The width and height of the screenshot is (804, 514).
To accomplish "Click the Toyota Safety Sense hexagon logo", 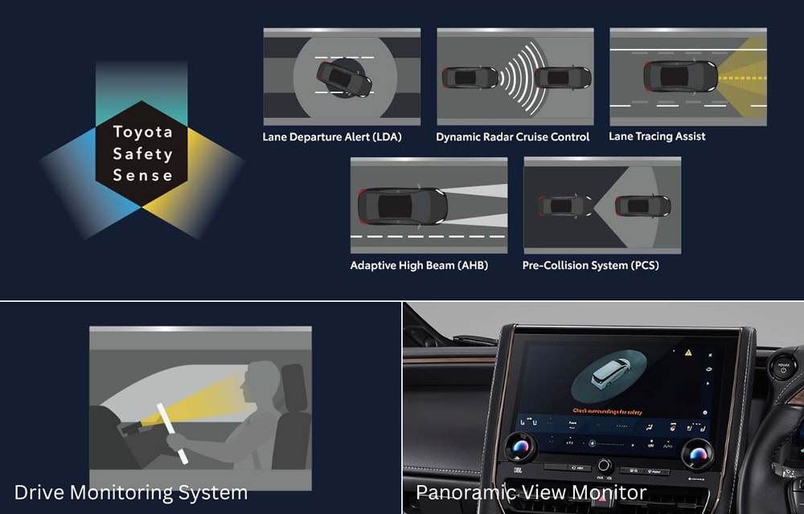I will tap(142, 153).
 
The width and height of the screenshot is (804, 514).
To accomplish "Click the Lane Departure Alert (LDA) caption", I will tap(332, 137).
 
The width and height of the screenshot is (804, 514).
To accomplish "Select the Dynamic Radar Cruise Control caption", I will tap(513, 137).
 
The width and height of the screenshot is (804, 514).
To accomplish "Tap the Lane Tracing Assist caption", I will tap(657, 137).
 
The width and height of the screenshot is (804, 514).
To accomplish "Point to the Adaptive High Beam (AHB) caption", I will tap(419, 265).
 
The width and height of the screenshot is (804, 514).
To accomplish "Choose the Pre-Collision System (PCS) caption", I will tap(590, 265).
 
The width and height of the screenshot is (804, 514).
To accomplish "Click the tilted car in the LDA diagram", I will tap(343, 78).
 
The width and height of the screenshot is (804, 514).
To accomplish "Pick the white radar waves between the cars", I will tap(516, 78).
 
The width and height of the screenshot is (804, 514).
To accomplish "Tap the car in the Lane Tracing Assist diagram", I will tap(679, 77).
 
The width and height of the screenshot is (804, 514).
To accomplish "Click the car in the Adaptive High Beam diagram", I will tap(403, 206).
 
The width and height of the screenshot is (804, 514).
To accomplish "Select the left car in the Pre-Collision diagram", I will tap(566, 206).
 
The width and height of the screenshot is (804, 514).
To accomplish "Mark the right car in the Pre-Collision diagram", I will tap(642, 206).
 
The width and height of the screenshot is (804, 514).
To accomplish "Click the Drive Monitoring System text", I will tap(131, 492).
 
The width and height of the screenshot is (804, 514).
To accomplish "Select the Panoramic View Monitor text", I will tap(531, 492).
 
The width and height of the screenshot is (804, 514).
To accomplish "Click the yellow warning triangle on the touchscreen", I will tap(688, 352).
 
